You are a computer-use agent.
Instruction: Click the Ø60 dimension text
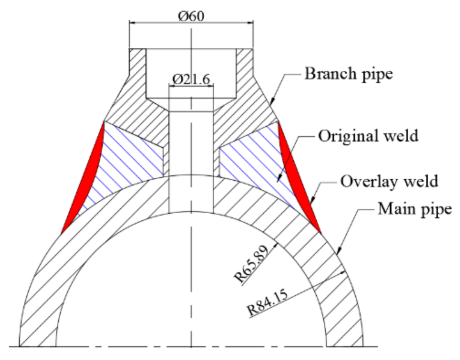191,16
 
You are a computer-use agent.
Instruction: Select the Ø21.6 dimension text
191,78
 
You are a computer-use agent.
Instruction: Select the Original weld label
368,136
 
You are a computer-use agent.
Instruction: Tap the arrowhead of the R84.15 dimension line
345,272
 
